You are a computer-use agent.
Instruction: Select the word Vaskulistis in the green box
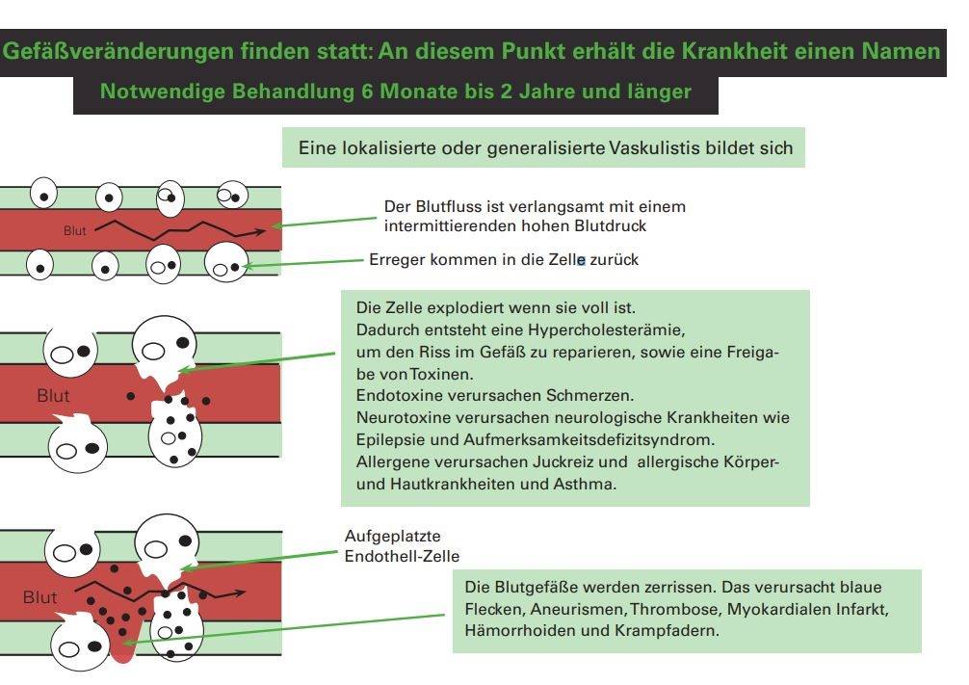click(x=658, y=148)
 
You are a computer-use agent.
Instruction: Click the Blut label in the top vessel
click(x=75, y=231)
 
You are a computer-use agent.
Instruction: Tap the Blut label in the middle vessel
click(x=53, y=395)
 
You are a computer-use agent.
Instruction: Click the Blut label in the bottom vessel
click(x=40, y=597)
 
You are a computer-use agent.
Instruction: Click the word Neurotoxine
click(x=401, y=418)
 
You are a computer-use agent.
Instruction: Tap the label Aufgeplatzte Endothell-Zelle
click(x=402, y=545)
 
